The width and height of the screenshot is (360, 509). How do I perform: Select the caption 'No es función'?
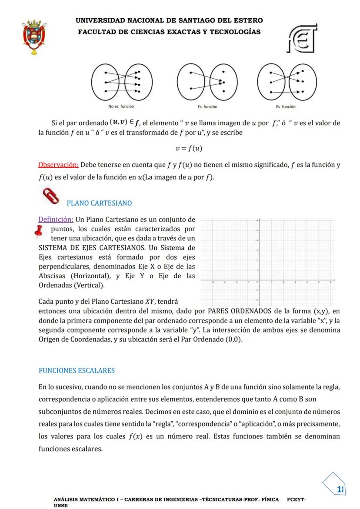(121, 106)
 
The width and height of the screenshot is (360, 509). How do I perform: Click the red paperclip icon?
(49, 196)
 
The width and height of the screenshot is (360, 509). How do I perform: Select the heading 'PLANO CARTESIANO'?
(99, 203)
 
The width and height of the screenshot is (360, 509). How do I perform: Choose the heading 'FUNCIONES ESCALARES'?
(77, 370)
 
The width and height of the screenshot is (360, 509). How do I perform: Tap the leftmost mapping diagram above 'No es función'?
(121, 81)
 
